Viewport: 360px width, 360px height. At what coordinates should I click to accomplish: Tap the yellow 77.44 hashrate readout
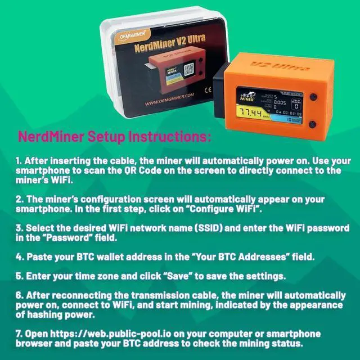point(251,113)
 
